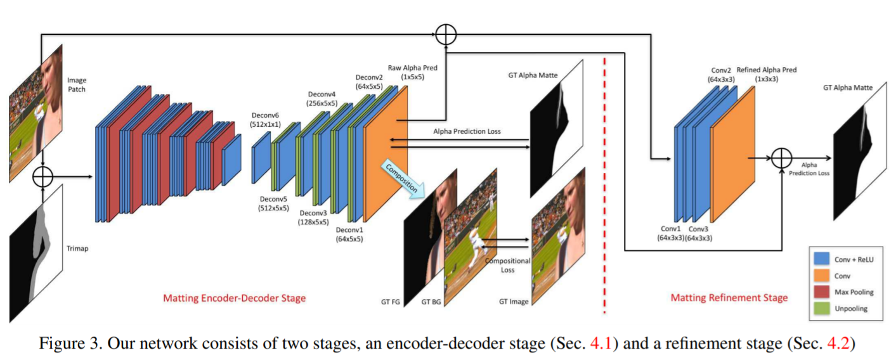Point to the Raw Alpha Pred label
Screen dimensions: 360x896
(412, 72)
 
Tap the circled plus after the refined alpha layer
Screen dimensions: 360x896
(781, 158)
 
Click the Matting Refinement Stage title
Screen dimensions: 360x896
(729, 297)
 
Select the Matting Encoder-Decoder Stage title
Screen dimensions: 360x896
(235, 298)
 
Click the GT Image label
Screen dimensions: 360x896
(514, 302)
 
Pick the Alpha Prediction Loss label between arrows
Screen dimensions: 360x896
(467, 132)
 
